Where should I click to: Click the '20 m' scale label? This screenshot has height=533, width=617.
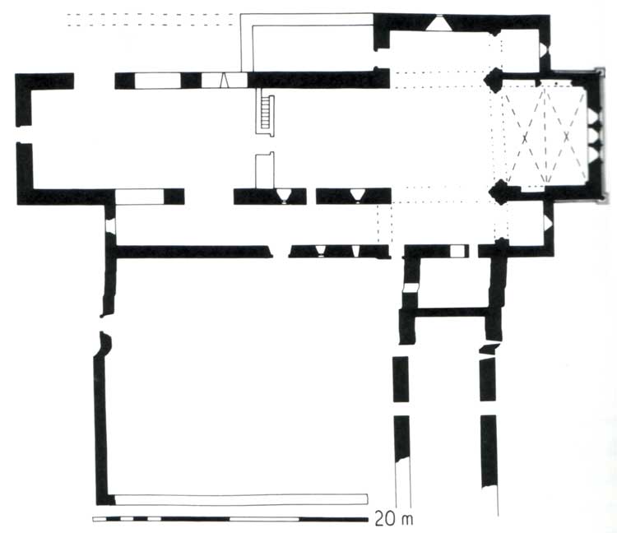[x=394, y=519]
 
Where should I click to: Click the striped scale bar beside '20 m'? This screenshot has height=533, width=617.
[x=230, y=519]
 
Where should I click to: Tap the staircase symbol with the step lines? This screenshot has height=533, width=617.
[x=266, y=112]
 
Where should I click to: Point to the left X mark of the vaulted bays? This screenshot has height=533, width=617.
[x=525, y=138]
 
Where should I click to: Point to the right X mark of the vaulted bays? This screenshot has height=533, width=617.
[x=566, y=137]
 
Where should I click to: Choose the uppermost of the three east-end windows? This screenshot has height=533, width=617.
[x=594, y=117]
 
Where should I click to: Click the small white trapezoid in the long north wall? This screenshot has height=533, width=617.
[x=224, y=81]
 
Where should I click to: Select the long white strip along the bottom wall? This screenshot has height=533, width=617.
[x=241, y=499]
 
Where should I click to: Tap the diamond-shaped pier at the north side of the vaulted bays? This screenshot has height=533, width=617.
[x=493, y=79]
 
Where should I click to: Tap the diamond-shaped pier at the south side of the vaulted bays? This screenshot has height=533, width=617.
[x=498, y=192]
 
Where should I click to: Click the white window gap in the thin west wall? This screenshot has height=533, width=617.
[x=110, y=227]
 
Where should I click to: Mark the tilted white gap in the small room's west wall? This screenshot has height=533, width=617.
[x=411, y=288]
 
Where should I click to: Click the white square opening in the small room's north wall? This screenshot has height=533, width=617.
[x=457, y=251]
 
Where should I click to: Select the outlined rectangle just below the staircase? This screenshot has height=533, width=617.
[x=265, y=170]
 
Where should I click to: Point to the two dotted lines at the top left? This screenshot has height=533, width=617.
[x=154, y=20]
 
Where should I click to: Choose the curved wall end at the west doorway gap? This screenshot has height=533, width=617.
[x=105, y=344]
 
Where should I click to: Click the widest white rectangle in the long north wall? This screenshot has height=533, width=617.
[x=158, y=81]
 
